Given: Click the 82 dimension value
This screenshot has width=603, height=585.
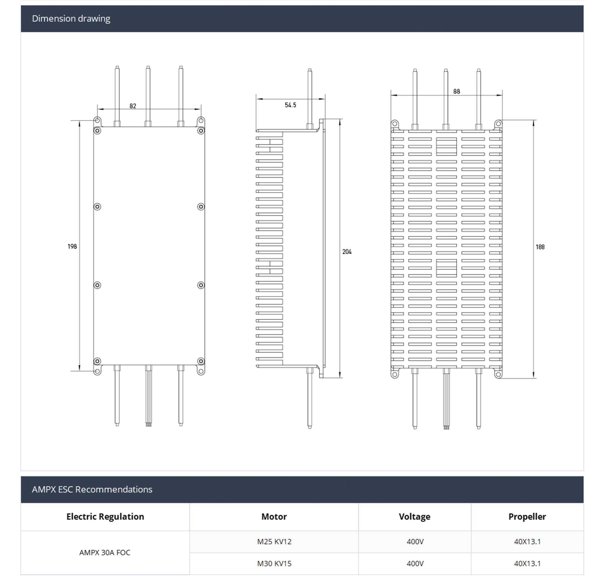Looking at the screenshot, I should (133, 106).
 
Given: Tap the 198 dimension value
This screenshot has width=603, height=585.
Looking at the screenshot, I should (72, 246).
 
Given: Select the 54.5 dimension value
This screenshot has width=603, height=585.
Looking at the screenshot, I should (290, 105).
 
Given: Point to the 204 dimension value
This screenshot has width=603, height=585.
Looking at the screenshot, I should (347, 252).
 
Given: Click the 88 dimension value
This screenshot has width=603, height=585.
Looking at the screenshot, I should (456, 92).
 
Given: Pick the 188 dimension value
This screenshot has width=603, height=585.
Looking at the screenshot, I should (540, 247).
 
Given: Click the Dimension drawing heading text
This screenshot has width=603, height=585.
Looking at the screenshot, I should (71, 19).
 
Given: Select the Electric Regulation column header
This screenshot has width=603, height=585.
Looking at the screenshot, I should (105, 517).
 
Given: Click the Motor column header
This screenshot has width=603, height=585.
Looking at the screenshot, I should (274, 517).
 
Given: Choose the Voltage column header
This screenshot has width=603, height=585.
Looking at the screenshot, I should (414, 517).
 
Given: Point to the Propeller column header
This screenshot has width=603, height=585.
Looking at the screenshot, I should (527, 517).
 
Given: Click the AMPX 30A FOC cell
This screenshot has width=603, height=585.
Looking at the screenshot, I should (105, 552).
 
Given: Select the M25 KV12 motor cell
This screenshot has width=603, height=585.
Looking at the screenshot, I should (274, 541).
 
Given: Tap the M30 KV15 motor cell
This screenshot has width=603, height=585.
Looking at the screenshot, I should (274, 564).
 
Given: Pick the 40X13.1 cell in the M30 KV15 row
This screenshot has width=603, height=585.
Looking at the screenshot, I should (527, 564).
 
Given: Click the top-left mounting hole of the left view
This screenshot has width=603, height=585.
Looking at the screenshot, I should (97, 120).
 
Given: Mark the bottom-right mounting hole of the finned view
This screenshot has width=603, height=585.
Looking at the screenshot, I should (498, 374).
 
